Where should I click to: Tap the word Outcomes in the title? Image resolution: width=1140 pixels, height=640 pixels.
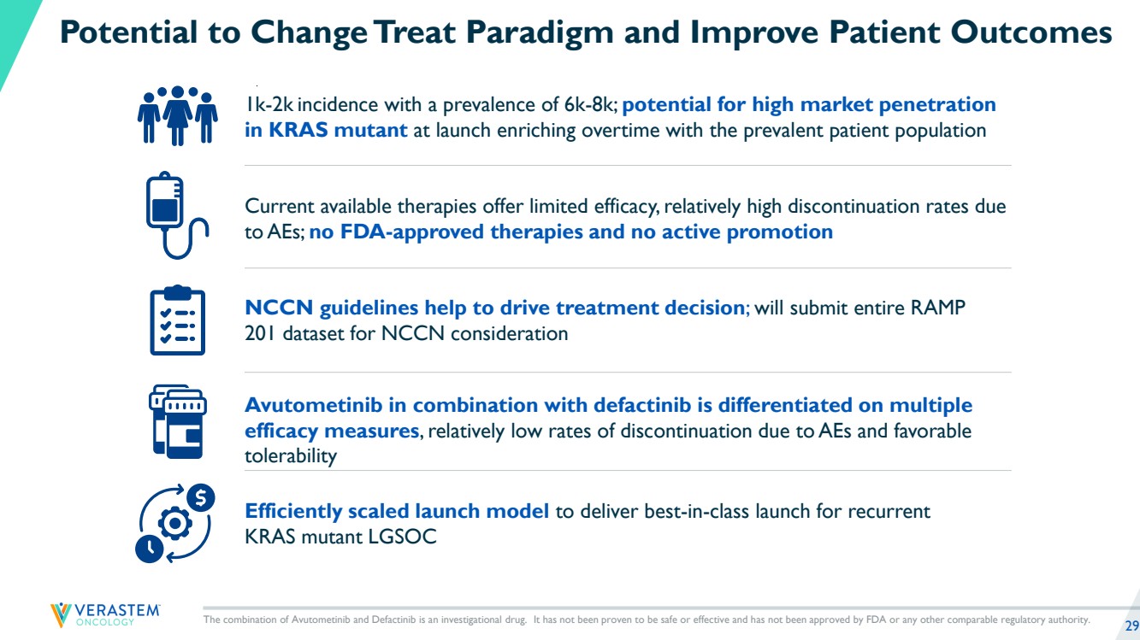point(1031,32)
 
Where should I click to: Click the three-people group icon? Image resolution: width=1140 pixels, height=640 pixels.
point(177,116)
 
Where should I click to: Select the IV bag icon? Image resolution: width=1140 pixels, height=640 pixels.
point(176,215)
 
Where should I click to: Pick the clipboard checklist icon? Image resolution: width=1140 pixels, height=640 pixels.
point(178,320)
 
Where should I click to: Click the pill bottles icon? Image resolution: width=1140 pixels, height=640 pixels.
point(178,421)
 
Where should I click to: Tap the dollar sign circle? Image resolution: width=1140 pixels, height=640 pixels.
point(200,497)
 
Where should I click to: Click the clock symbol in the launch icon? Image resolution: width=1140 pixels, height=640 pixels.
point(149,549)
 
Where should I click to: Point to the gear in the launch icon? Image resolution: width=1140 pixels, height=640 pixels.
point(175,523)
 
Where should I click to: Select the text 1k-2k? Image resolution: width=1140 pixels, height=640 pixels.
point(269,105)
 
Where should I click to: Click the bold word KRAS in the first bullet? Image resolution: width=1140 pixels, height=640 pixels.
point(298,130)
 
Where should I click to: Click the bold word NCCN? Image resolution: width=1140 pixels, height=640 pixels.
point(279,308)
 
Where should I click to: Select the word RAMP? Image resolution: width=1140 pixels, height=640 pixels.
point(938,308)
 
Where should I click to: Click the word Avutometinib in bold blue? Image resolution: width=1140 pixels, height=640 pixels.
point(314,405)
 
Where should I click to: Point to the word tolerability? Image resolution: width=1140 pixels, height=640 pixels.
point(291,456)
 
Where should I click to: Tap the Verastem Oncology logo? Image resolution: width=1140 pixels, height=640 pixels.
point(105,614)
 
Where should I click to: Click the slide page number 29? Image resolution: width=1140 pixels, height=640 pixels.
point(1131,625)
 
